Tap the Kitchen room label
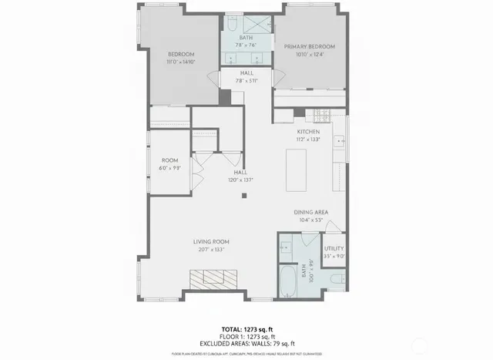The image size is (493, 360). tap(308, 132)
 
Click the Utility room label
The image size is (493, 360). tap(334, 248)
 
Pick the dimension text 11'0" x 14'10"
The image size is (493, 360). tap(182, 62)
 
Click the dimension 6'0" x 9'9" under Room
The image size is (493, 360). tap(169, 167)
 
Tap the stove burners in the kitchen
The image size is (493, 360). tap(320, 115)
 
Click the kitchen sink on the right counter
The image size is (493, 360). tap(340, 143)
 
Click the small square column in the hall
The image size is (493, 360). tap(244, 196)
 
